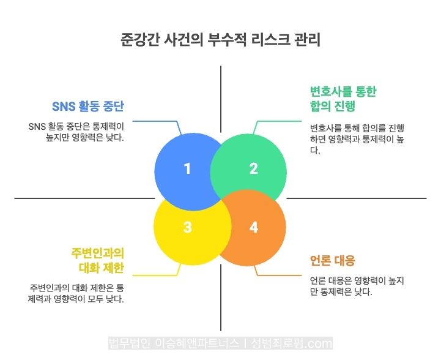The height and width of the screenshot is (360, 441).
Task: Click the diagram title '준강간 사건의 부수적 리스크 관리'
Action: coord(221,40)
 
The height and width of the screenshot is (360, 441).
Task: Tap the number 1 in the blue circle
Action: coord(187,169)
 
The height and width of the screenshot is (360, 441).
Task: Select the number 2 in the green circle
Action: coord(254,169)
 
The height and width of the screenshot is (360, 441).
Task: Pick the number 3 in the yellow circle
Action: coord(187,227)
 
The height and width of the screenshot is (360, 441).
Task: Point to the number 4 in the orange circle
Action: coord(254,227)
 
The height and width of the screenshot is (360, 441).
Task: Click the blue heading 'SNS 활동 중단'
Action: coord(88,107)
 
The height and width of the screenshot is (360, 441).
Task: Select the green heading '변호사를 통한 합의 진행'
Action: coord(343,99)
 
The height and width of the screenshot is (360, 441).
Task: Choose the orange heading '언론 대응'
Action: coord(333,260)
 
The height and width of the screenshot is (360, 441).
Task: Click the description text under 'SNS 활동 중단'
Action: coord(76,132)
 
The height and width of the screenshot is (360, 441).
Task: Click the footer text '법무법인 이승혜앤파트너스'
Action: coord(174,343)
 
